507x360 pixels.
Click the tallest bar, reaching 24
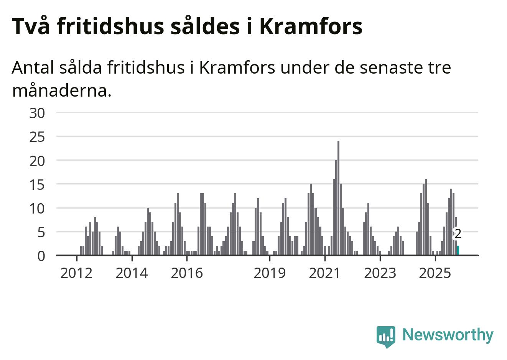point(338,198)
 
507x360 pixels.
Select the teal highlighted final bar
point(458,250)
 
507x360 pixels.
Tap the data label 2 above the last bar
point(458,233)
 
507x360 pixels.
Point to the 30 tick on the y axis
point(37,113)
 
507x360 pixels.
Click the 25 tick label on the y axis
point(37,137)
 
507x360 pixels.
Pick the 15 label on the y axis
point(37,185)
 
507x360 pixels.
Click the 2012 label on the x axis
point(77,273)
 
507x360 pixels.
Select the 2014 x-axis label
point(132,273)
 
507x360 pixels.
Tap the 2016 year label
point(187,273)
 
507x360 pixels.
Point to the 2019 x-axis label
point(270,273)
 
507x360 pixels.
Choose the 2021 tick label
point(325,273)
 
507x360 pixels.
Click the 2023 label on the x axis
point(380,273)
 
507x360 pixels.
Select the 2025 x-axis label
point(435,273)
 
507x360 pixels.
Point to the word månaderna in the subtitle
point(62,91)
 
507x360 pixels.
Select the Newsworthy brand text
point(448,335)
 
